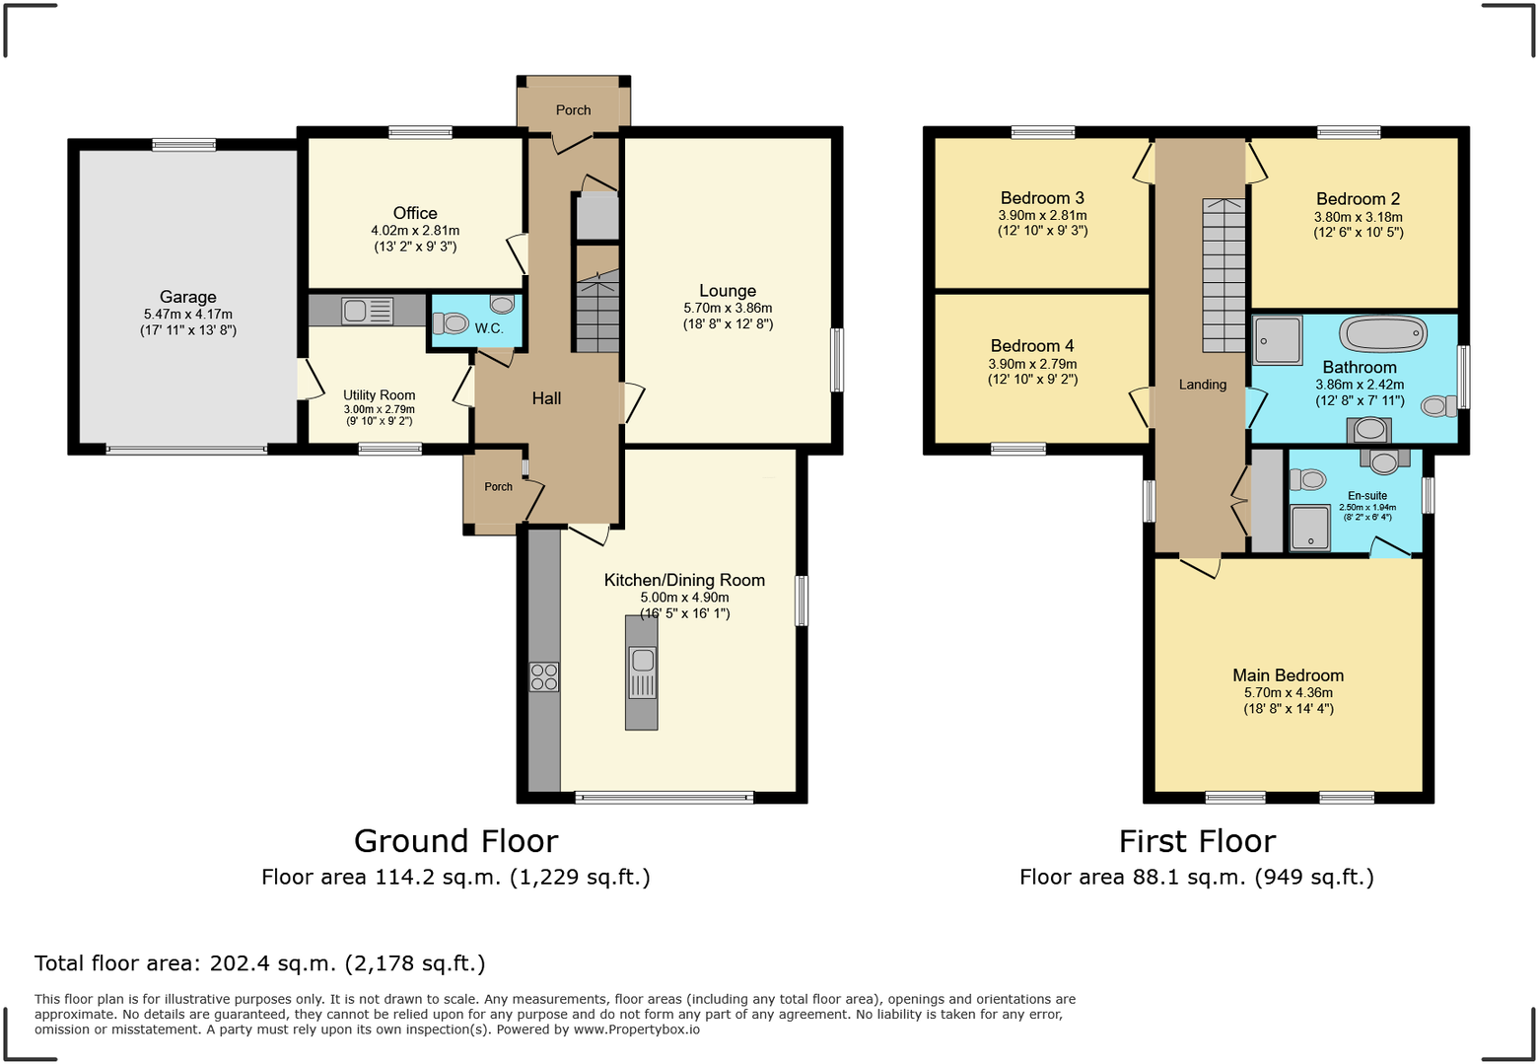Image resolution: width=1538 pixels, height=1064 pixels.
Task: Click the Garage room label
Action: click(187, 297)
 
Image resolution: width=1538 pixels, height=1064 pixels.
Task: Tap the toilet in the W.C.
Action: click(453, 322)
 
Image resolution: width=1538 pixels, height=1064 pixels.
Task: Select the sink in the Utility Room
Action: click(367, 311)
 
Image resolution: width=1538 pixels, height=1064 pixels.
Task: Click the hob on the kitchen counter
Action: click(544, 676)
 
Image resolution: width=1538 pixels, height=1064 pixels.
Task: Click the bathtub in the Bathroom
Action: click(1383, 334)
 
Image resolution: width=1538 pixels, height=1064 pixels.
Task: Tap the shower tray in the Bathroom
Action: click(1278, 339)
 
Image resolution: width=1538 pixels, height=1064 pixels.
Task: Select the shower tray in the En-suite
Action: click(1310, 528)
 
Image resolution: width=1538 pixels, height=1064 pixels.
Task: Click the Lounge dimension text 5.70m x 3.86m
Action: click(728, 308)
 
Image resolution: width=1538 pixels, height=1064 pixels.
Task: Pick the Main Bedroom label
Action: click(1288, 675)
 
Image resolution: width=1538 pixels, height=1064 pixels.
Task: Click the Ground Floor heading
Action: click(455, 841)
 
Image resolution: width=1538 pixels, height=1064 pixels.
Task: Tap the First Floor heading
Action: click(1197, 841)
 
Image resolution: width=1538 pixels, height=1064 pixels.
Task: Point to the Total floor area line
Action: click(260, 963)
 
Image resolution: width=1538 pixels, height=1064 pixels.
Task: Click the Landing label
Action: click(1203, 385)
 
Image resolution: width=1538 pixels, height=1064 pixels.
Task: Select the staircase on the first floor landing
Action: click(1223, 276)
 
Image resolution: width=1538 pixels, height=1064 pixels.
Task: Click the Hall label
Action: click(546, 398)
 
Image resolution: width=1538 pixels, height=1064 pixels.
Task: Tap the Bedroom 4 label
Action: click(1032, 346)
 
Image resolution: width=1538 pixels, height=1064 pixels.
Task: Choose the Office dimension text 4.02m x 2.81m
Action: click(415, 231)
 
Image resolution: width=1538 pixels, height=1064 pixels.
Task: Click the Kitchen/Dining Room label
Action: click(684, 580)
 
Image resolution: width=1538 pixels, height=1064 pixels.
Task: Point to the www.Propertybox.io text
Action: click(637, 1029)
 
